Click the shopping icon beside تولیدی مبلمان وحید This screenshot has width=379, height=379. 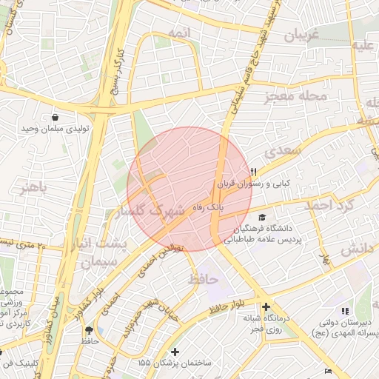(56, 117)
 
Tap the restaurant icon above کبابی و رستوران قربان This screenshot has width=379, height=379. (253, 170)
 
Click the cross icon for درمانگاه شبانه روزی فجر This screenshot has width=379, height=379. (266, 306)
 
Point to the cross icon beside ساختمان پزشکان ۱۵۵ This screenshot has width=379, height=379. (175, 352)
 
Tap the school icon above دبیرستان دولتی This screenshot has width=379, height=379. (343, 311)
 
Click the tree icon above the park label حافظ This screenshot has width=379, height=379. (90, 329)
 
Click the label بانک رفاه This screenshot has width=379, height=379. (209, 207)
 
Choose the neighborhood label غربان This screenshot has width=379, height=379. (301, 35)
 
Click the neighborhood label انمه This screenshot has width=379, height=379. (178, 33)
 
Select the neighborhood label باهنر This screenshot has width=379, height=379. (33, 187)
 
